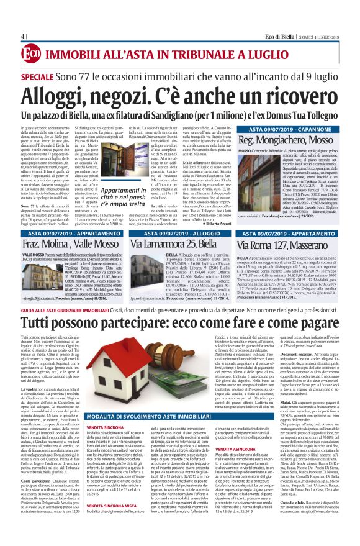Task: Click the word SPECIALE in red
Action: (40, 75)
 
